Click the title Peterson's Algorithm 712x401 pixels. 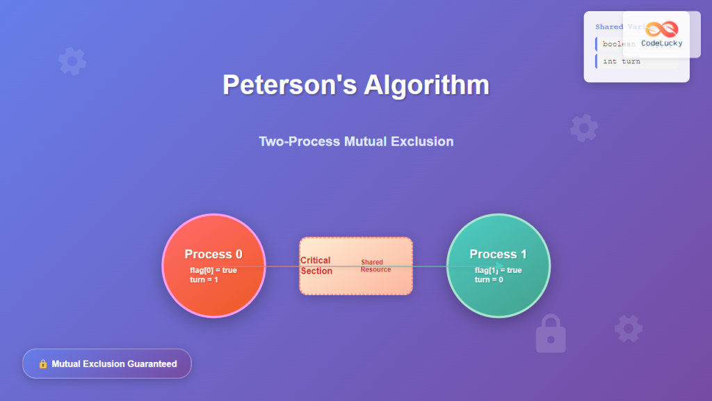pos(355,85)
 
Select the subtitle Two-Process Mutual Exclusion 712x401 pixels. pos(356,141)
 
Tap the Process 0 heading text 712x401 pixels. pos(213,254)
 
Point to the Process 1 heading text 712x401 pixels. pos(498,254)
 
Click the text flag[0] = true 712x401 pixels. pos(213,270)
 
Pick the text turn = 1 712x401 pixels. pos(204,279)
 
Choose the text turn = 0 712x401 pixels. pos(489,279)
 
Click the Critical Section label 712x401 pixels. pos(316,265)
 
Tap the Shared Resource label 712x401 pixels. pos(375,265)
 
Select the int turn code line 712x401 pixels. pos(622,61)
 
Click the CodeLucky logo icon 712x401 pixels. pos(661,29)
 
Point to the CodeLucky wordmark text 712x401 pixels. pos(661,43)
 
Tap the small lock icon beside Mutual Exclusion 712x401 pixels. pos(42,363)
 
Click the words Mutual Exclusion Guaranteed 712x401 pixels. pos(114,363)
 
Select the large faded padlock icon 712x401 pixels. pos(551,333)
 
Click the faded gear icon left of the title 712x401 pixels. pos(72,61)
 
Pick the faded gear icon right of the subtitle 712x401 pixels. pos(583,128)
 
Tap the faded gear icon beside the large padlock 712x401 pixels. pos(628,328)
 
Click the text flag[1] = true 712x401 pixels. pos(498,270)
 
